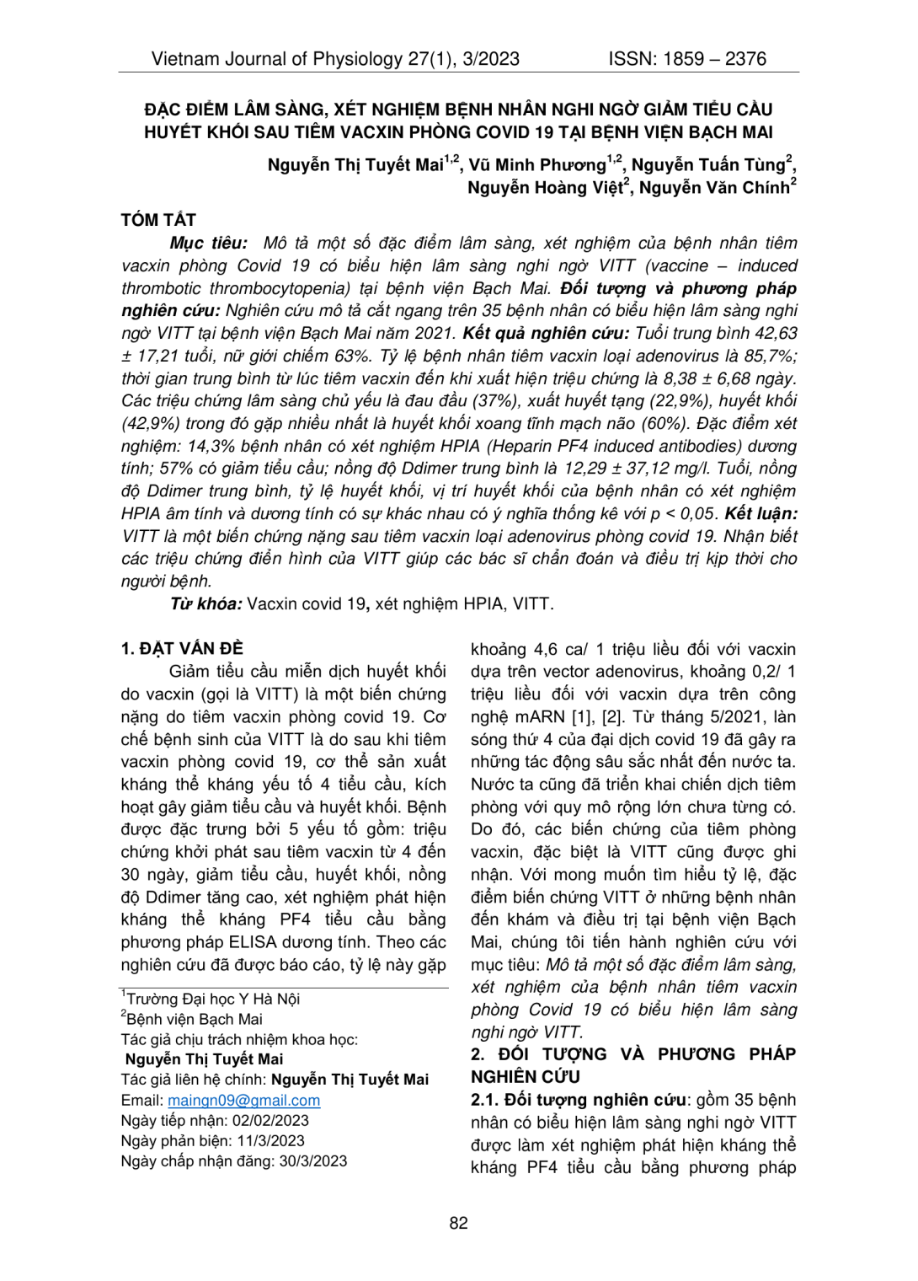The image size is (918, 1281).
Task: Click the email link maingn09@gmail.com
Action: click(x=243, y=1101)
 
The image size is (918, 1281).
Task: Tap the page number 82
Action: click(x=458, y=1223)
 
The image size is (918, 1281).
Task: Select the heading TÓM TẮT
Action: click(x=158, y=220)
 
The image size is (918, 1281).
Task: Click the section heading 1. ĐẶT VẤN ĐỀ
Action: click(x=182, y=649)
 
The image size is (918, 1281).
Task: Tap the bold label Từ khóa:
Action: click(x=206, y=604)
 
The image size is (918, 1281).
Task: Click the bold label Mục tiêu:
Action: click(x=208, y=244)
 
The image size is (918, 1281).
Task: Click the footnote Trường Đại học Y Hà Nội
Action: click(x=213, y=1000)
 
